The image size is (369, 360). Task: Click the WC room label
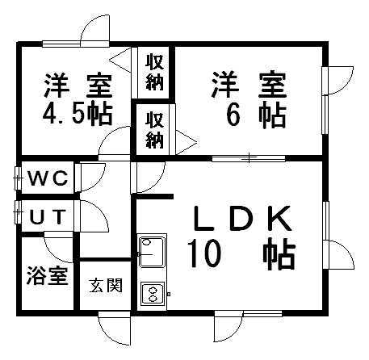(x=48, y=178)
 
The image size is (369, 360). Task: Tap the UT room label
(x=48, y=217)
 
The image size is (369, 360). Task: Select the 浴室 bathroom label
(x=48, y=275)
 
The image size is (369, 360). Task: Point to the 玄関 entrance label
(x=106, y=285)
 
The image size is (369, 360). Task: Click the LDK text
(x=241, y=219)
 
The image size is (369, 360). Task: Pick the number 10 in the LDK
(x=204, y=254)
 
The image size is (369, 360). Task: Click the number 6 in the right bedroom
(x=233, y=115)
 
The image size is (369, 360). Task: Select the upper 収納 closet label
(x=155, y=72)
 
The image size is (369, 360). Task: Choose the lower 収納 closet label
(x=155, y=130)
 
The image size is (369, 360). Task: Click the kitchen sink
(x=152, y=252)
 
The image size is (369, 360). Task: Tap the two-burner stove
(x=153, y=294)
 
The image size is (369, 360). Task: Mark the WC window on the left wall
(x=18, y=178)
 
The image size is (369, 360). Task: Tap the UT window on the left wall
(x=18, y=212)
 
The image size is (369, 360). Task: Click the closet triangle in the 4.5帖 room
(x=120, y=61)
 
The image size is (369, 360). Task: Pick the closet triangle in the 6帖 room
(x=187, y=142)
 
